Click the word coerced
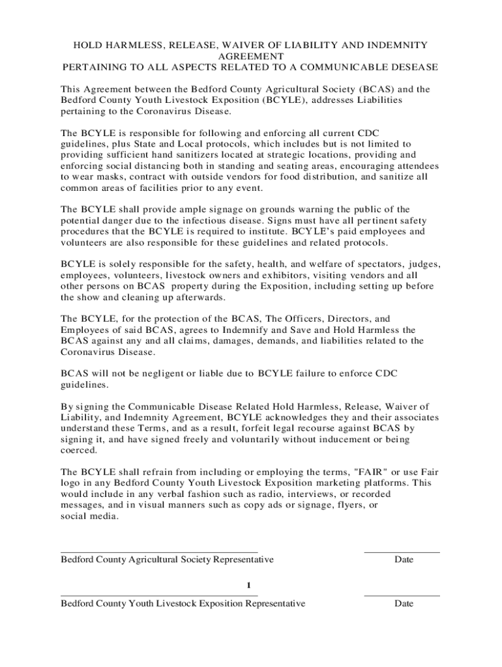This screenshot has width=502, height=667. [79, 450]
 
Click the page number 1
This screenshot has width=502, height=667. [249, 584]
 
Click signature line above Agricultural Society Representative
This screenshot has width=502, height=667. [159, 552]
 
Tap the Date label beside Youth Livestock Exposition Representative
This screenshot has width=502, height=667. [404, 604]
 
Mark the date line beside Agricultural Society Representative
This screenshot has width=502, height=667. [402, 552]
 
